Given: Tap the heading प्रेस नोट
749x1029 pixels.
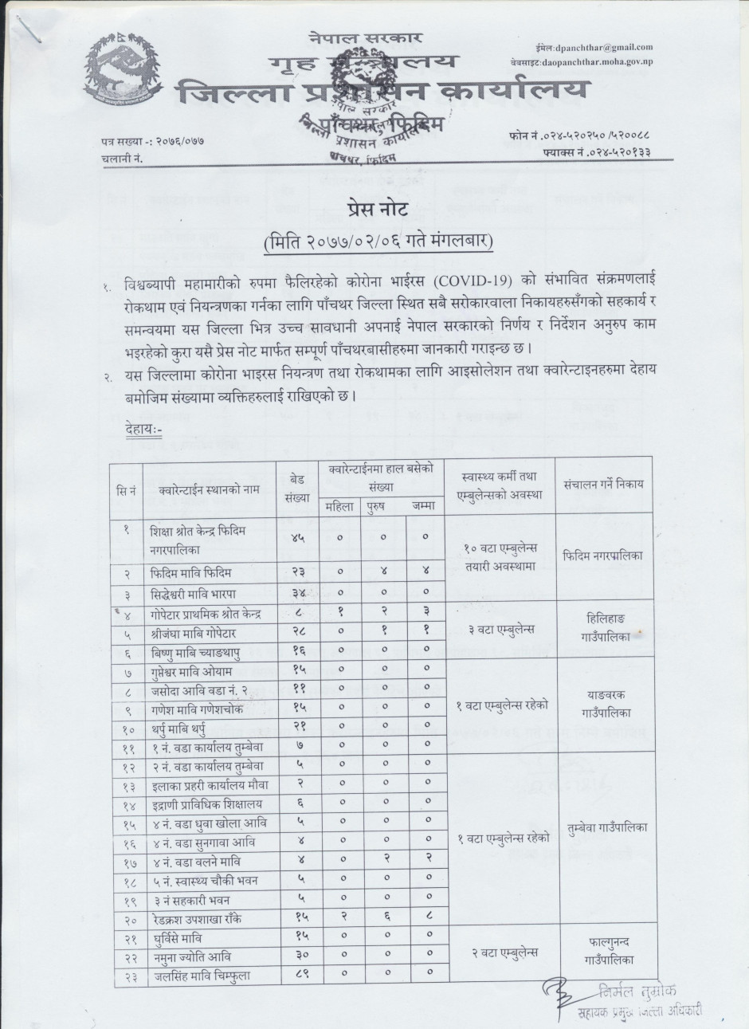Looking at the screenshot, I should pos(378,211).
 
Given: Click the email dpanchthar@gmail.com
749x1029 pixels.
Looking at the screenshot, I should pos(606,48).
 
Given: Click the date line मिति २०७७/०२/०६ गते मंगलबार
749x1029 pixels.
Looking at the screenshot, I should pos(378,238).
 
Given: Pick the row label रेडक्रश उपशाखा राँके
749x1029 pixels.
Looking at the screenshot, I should pos(200,917).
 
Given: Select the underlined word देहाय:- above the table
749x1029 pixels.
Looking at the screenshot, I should pos(143,430).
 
